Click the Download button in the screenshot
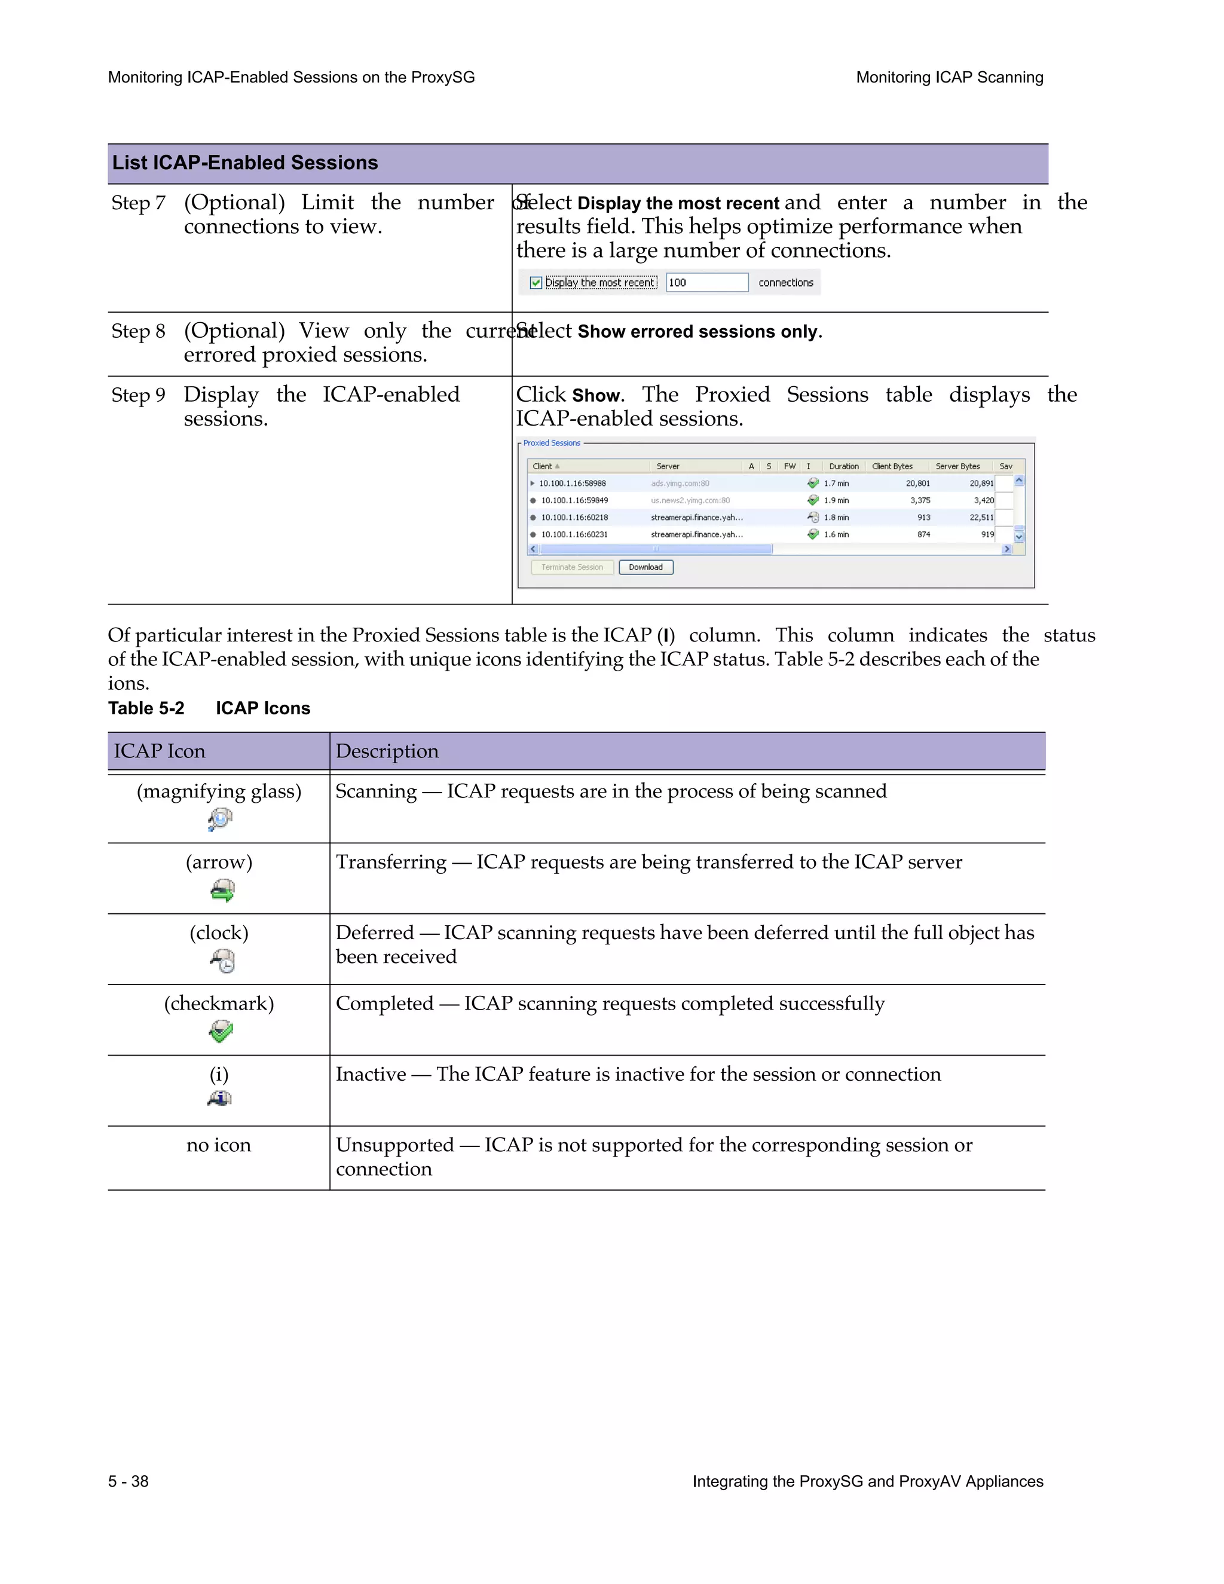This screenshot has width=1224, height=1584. pos(645,567)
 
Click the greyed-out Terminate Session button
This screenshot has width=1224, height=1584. pos(572,567)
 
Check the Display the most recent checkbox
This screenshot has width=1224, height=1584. pos(536,283)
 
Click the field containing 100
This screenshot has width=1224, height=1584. pos(706,283)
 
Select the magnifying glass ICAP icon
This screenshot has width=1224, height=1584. pos(220,819)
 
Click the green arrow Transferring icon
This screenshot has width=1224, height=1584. pos(222,890)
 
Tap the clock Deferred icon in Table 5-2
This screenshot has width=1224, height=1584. pos(222,961)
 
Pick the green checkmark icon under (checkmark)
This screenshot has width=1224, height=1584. pos(221,1031)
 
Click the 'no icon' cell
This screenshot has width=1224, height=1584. pos(218,1145)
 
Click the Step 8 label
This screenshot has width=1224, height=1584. pos(138,332)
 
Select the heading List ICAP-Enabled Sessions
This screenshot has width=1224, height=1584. pos(245,163)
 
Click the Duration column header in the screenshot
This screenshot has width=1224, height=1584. pos(843,466)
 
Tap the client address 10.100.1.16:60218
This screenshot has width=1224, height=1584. pos(574,517)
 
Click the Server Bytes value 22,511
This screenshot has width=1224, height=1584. pos(981,517)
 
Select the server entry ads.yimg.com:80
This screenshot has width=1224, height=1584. pos(680,483)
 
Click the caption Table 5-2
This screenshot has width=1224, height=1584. pos(146,708)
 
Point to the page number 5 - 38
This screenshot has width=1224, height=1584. pos(128,1482)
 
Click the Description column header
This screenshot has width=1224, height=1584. pos(387,751)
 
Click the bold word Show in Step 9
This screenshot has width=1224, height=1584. pos(596,396)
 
